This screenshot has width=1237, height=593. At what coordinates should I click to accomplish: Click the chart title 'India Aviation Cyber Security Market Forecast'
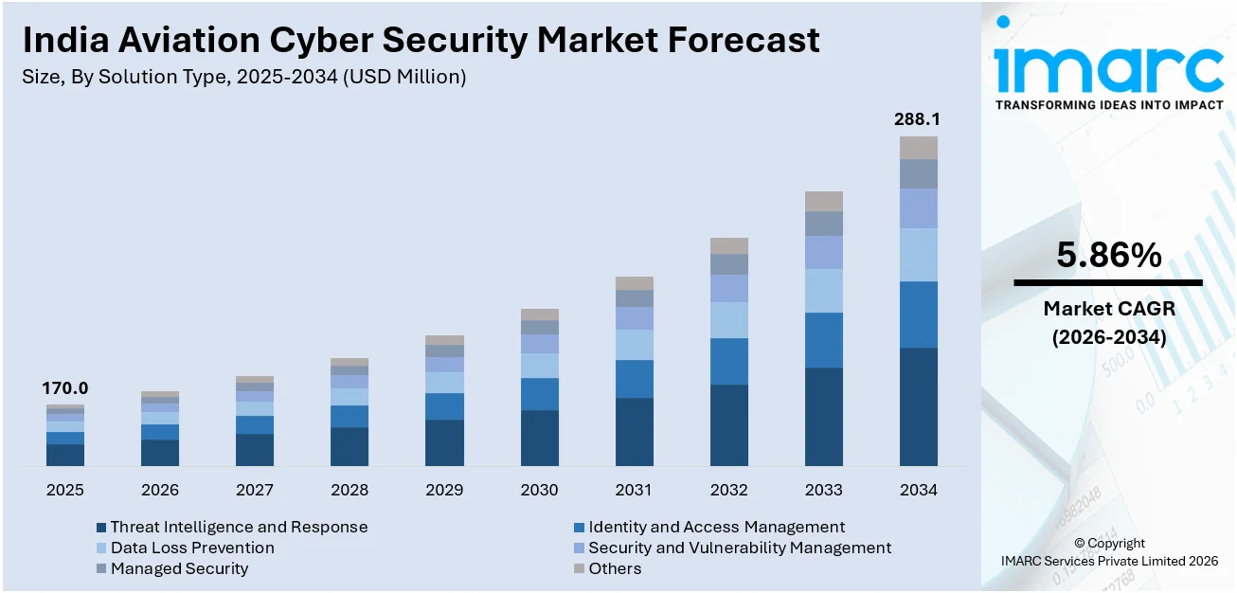click(421, 41)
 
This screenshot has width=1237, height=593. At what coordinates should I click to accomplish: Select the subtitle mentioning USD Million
click(243, 78)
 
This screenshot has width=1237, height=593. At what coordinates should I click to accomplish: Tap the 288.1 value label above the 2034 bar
click(918, 120)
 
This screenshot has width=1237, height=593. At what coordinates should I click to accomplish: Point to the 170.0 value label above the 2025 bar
click(65, 388)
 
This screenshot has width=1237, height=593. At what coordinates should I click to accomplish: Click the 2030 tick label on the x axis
click(539, 490)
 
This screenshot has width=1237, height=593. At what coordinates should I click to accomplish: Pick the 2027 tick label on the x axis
click(255, 490)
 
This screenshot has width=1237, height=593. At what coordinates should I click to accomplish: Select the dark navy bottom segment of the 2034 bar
click(918, 406)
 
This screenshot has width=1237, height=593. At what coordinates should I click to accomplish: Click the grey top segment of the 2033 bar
click(823, 201)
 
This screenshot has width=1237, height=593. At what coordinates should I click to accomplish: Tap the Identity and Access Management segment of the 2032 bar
click(728, 361)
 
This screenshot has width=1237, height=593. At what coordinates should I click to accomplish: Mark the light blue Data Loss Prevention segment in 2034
click(918, 255)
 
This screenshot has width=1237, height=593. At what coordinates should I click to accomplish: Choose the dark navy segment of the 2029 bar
click(444, 442)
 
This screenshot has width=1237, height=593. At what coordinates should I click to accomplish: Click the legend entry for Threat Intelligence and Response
click(239, 527)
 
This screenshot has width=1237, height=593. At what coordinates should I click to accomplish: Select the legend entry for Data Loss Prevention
click(192, 548)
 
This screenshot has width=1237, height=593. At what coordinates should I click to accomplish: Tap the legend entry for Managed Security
click(179, 568)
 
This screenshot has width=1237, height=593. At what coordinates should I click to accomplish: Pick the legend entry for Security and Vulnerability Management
click(739, 548)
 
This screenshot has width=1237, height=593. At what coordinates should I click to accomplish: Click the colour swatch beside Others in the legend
click(579, 569)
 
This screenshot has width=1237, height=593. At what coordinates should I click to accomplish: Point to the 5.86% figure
click(1107, 255)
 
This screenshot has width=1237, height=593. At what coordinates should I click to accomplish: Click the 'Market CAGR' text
click(1107, 309)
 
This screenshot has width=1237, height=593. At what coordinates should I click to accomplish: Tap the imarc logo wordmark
click(1108, 66)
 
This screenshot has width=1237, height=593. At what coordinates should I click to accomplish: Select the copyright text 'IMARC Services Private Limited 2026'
click(1109, 561)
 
